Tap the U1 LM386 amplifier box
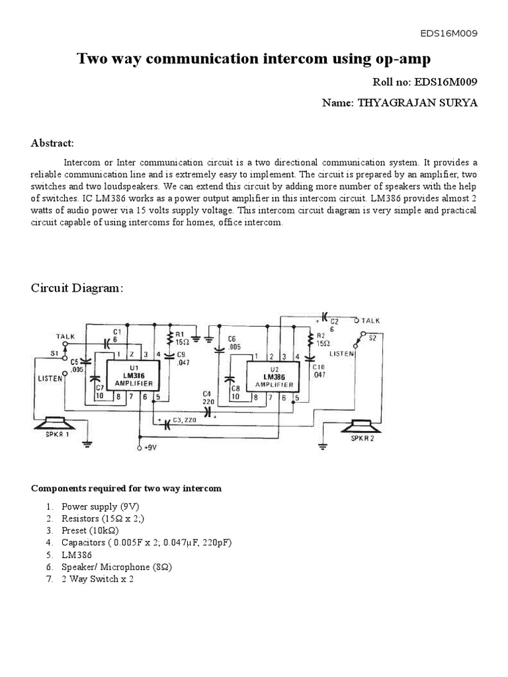[134, 376]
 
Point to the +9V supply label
[151, 448]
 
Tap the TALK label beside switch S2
[371, 320]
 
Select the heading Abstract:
[52, 143]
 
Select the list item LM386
[77, 555]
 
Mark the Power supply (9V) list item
[100, 506]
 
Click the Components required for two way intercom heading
[126, 489]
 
